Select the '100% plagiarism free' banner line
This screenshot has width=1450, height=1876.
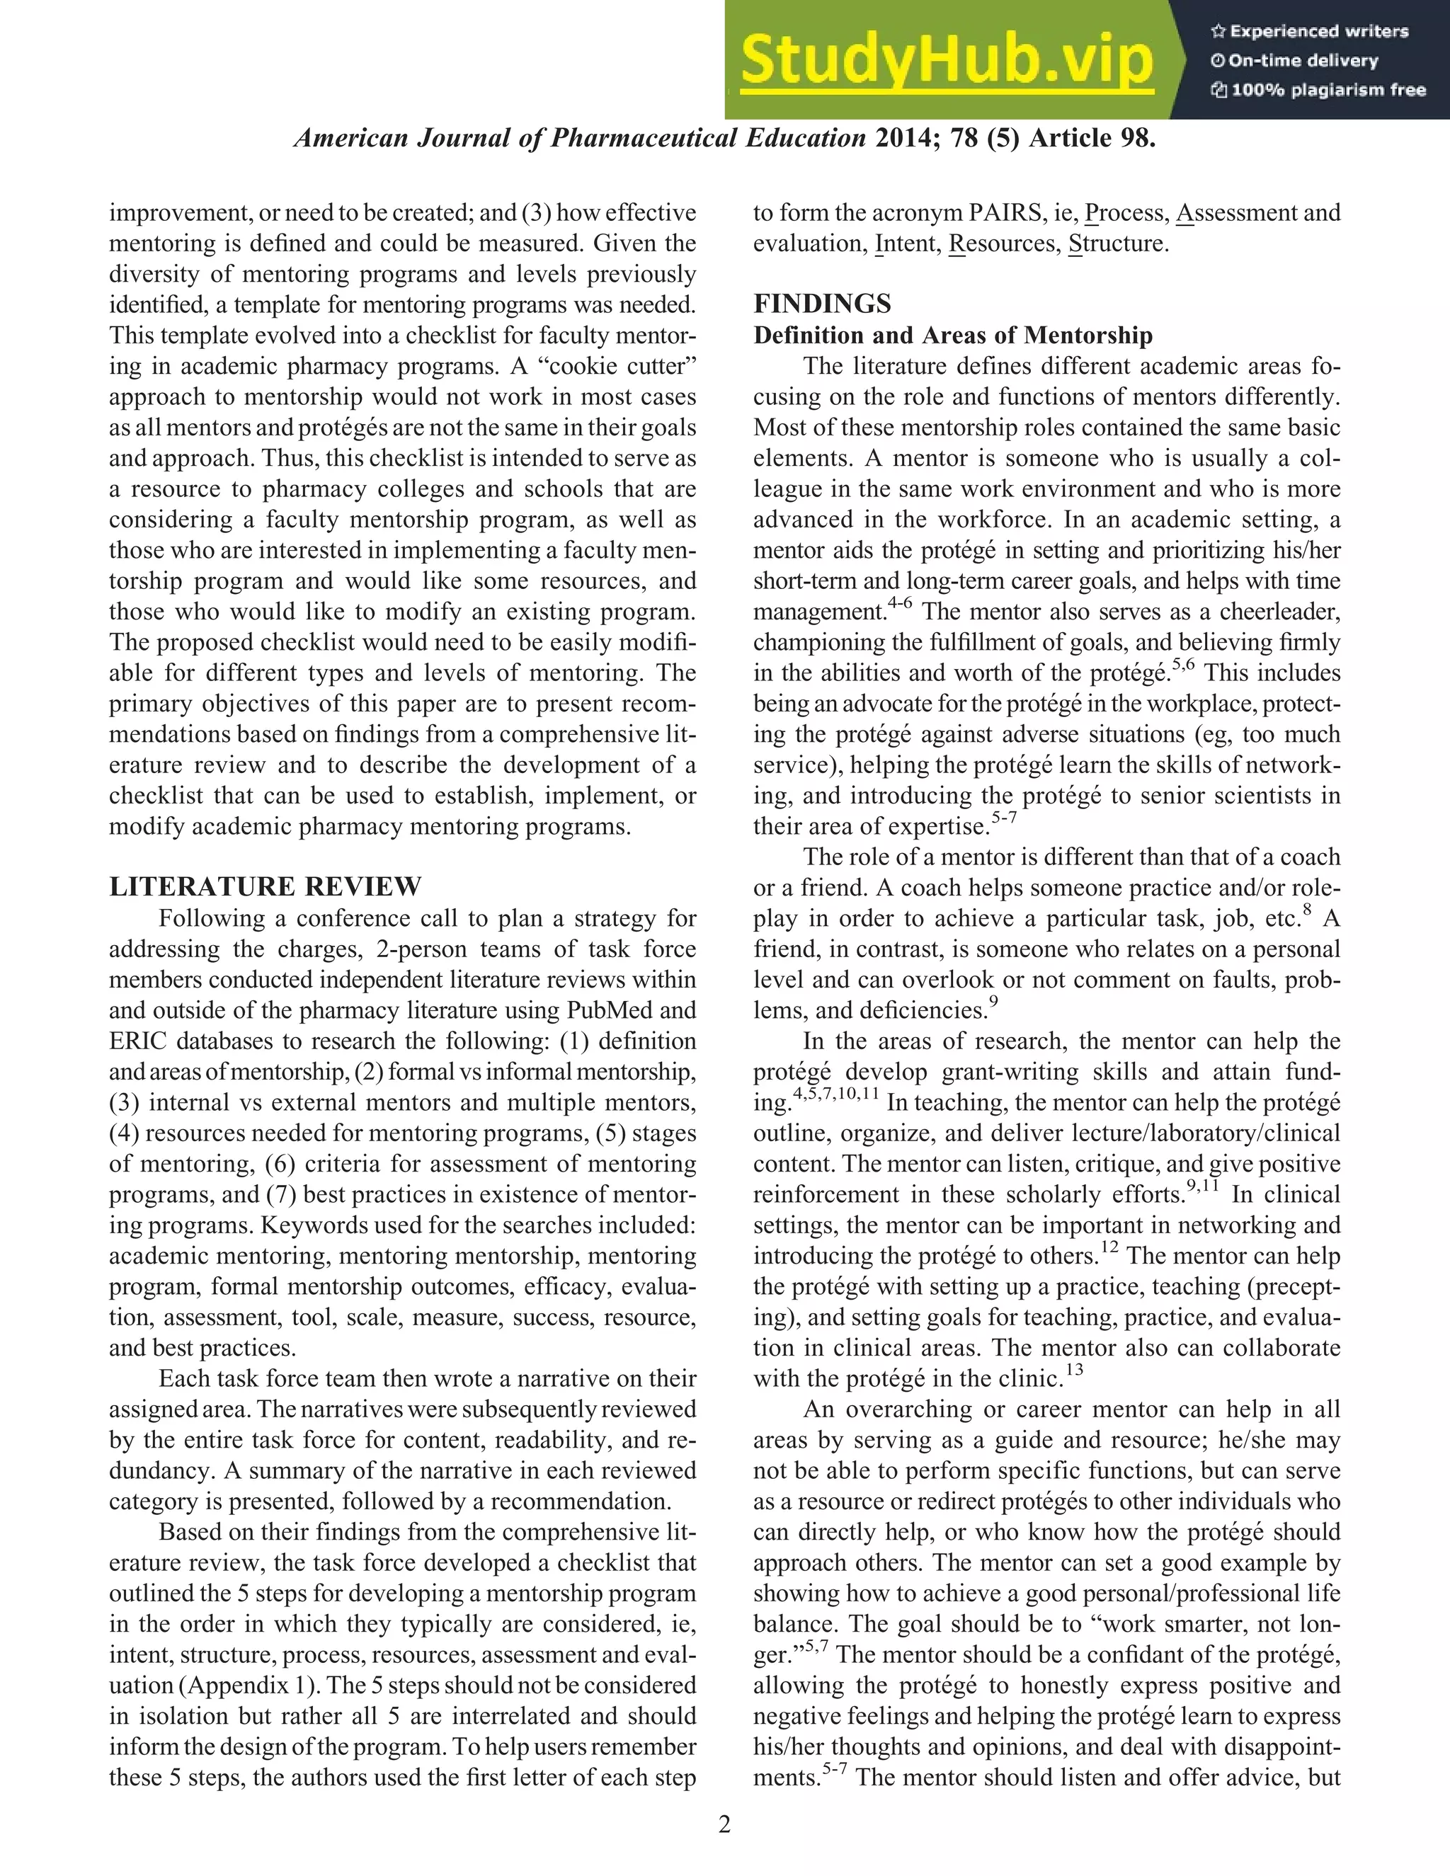(1318, 90)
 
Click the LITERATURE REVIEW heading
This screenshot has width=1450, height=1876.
(266, 886)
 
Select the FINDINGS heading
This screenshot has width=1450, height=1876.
(822, 303)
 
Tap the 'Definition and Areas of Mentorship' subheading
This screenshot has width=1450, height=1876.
(953, 335)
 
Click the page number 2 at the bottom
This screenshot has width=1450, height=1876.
(724, 1824)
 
